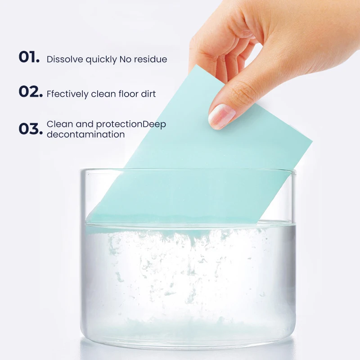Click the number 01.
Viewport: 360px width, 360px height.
click(29, 58)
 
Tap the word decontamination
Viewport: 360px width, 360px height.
click(85, 135)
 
